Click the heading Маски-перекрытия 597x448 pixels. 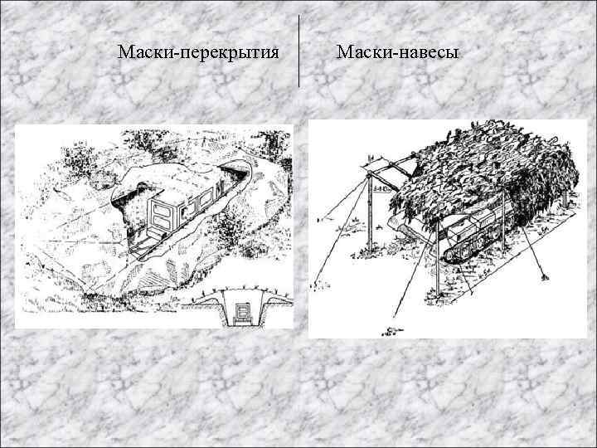coord(197,53)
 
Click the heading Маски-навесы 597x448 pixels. coord(398,53)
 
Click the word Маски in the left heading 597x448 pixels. coord(142,53)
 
